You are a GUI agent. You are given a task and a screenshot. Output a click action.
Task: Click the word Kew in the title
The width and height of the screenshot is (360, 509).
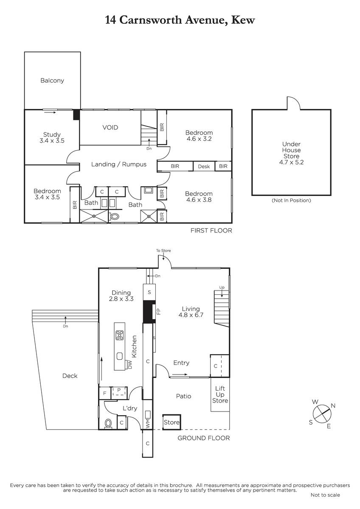pos(243,20)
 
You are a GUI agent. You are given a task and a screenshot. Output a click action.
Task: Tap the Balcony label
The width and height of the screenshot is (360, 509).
pos(52,81)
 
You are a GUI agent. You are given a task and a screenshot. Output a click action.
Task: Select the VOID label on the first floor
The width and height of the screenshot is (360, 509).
pos(110,128)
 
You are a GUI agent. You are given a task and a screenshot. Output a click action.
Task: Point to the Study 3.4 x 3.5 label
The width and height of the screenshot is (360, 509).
pos(52,137)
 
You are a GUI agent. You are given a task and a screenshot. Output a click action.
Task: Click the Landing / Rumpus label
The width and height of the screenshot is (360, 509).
pos(119,164)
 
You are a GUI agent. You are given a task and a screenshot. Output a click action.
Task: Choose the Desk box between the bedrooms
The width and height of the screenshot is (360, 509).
pos(204,166)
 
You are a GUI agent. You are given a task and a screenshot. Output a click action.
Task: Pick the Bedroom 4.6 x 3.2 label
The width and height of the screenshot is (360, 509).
pos(199,136)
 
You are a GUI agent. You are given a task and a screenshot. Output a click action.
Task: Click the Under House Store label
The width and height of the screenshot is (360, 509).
pos(291,153)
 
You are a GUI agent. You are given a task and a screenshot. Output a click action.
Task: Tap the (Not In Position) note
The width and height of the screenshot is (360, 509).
pos(291,200)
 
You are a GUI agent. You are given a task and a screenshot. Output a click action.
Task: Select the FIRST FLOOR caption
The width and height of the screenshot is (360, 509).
pos(211,231)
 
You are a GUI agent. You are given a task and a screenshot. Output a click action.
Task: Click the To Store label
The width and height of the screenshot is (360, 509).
pos(163,250)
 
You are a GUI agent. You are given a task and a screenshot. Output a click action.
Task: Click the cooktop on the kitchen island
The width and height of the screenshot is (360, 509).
pos(120,335)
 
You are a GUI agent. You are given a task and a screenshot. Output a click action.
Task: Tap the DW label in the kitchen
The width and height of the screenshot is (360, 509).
pos(130,365)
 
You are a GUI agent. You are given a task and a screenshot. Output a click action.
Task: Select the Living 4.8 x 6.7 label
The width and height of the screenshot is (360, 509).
pos(191,312)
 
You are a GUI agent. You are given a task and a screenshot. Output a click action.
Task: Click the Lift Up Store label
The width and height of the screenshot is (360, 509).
pos(220,394)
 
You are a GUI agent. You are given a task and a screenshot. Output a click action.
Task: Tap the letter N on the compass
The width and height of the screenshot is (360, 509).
pos(333,406)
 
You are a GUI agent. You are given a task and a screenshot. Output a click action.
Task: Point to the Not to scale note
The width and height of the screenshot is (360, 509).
pos(325,495)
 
